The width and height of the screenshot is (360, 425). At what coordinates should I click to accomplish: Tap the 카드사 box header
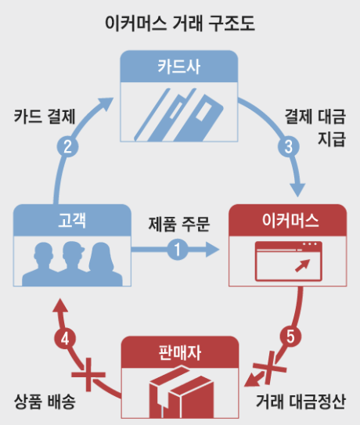pyautogui.click(x=178, y=66)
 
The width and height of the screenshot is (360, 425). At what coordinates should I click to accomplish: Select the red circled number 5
pyautogui.click(x=290, y=338)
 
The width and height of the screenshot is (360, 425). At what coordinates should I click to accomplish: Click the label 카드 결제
pyautogui.click(x=44, y=117)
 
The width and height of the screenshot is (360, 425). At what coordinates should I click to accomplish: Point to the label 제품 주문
pyautogui.click(x=179, y=225)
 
